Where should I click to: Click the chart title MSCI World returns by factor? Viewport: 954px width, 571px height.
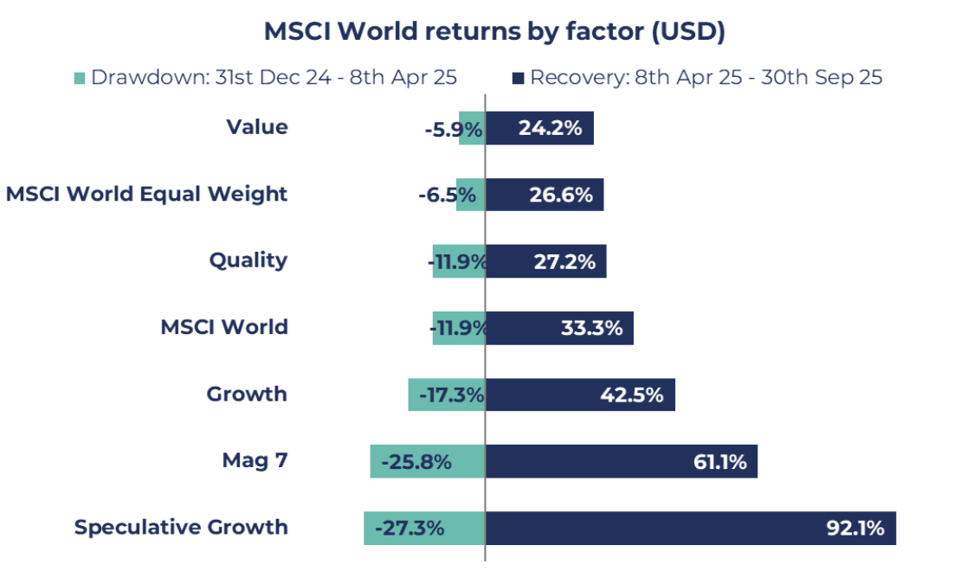[494, 32]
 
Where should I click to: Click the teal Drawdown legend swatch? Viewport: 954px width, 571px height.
[80, 78]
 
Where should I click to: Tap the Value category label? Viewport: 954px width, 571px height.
[257, 127]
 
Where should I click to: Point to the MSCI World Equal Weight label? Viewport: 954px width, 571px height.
[146, 194]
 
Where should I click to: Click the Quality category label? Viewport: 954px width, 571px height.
[248, 260]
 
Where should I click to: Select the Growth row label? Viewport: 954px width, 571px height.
[247, 394]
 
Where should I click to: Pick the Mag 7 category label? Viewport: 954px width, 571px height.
[255, 460]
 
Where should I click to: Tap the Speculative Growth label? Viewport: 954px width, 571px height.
[181, 527]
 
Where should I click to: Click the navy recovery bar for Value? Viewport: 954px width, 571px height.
[539, 128]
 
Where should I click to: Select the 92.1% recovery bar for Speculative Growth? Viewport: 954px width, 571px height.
[690, 528]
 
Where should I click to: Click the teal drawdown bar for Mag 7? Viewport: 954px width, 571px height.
[428, 461]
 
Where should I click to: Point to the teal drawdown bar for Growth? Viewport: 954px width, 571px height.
[447, 395]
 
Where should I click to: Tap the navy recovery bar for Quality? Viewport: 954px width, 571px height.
[545, 261]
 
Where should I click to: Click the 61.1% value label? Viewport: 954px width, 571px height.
[720, 462]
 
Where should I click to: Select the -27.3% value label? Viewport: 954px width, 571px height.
[409, 528]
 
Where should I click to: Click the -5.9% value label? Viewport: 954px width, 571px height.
[453, 129]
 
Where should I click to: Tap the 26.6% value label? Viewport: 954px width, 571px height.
[561, 196]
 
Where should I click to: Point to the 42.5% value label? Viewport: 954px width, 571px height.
[632, 395]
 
